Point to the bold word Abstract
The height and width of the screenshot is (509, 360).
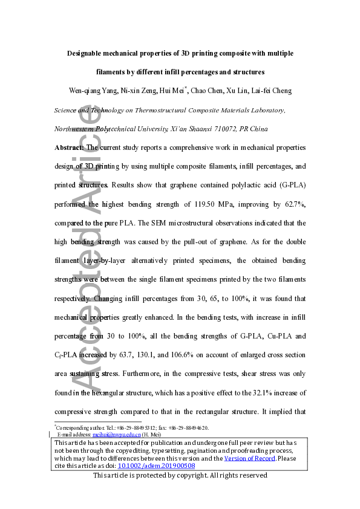click(70, 147)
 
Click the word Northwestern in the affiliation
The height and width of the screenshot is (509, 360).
click(79, 129)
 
